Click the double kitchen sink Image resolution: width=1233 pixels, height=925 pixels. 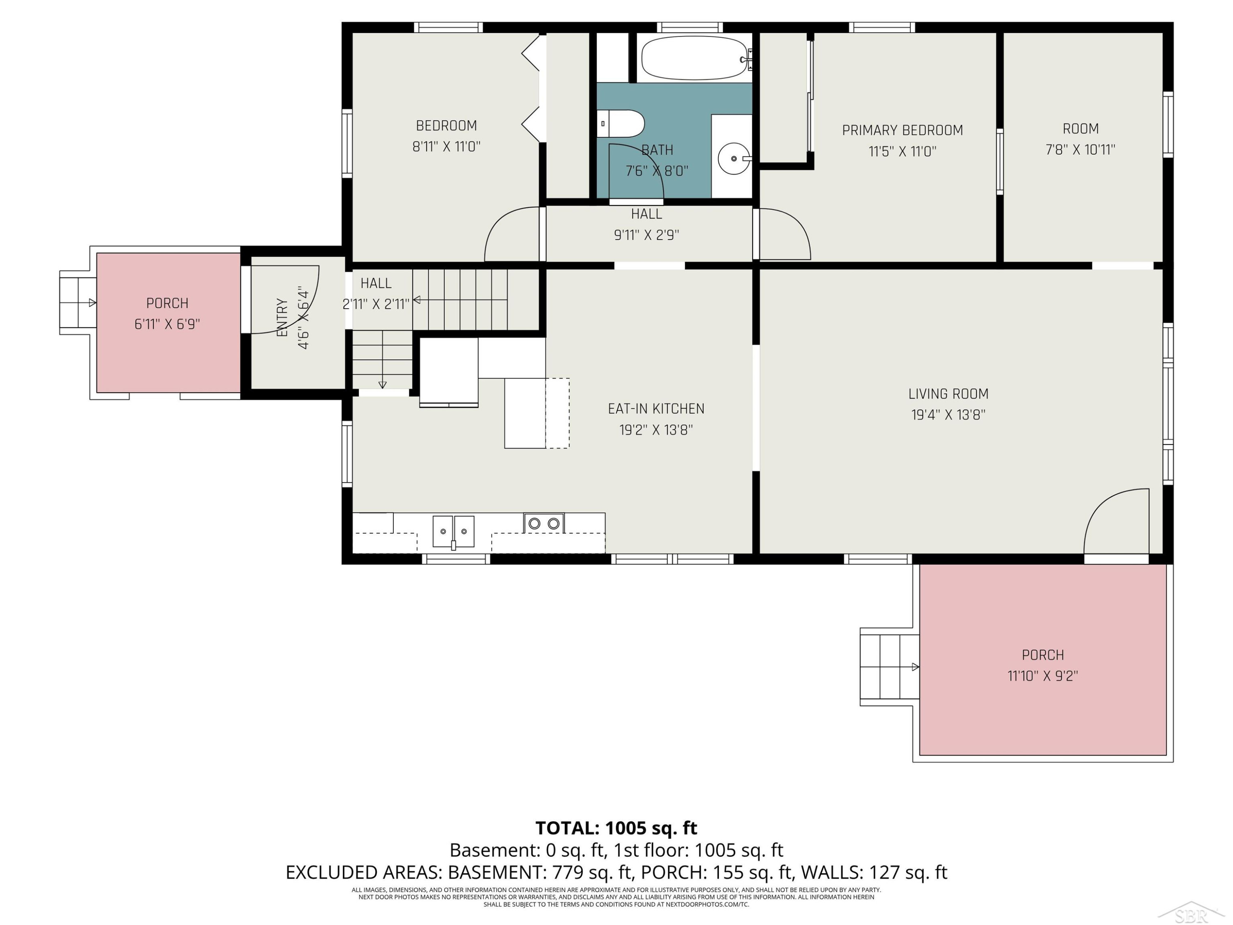(x=453, y=531)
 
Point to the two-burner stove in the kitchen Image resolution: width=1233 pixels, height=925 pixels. (x=543, y=523)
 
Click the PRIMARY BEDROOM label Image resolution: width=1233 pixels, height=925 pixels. (x=903, y=130)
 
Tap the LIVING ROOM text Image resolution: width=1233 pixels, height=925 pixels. (x=948, y=394)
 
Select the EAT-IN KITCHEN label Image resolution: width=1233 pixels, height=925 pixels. (x=656, y=409)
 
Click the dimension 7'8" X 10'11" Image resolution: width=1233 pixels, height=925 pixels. (x=1080, y=149)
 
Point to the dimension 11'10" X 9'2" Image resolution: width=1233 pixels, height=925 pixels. (x=1042, y=676)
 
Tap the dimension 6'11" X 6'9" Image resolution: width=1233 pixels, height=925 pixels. (x=167, y=324)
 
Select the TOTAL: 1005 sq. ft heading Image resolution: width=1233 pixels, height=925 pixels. (x=616, y=828)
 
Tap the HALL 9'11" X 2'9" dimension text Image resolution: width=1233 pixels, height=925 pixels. (x=647, y=235)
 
